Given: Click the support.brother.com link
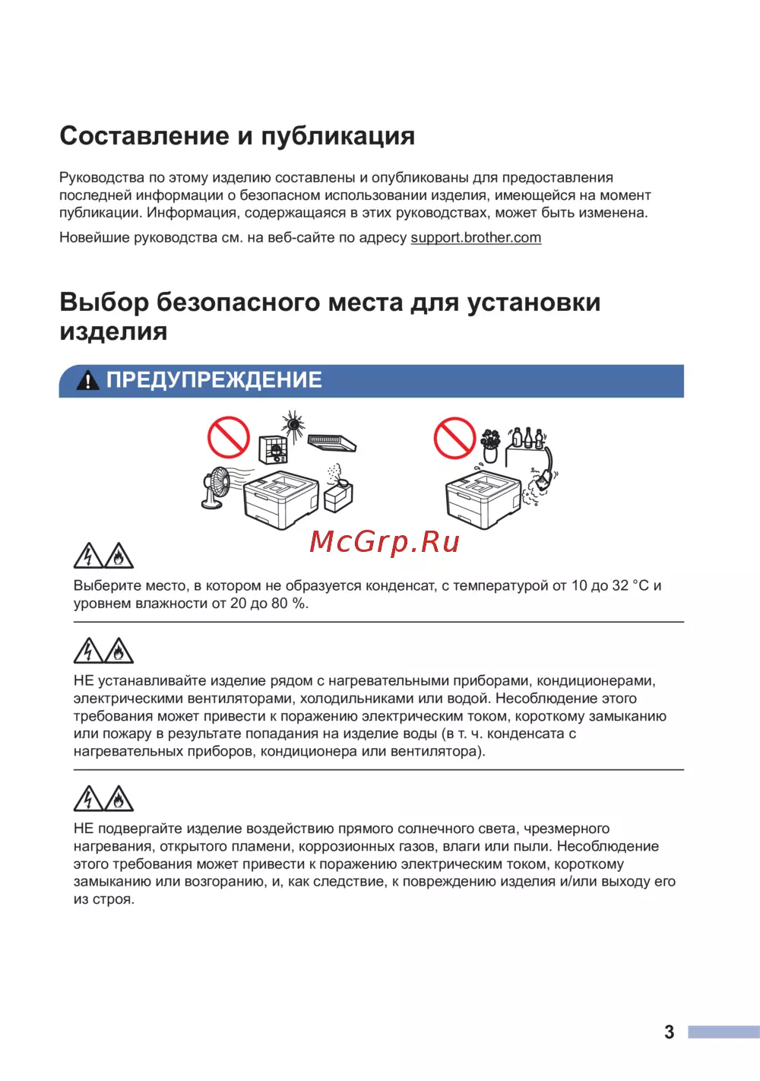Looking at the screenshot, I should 476,237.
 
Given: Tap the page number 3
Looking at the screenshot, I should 669,1032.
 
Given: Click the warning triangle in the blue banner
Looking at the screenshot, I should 88,380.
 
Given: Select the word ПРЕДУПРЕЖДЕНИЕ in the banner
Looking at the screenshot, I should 214,380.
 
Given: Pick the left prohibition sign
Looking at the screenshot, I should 229,437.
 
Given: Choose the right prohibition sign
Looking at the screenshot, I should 454,438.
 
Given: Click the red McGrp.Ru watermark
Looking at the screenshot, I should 385,542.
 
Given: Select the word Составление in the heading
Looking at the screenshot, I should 144,136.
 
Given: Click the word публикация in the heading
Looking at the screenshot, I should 338,136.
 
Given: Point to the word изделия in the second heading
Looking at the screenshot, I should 113,331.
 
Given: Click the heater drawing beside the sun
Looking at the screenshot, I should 273,449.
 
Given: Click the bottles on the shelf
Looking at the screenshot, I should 527,438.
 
